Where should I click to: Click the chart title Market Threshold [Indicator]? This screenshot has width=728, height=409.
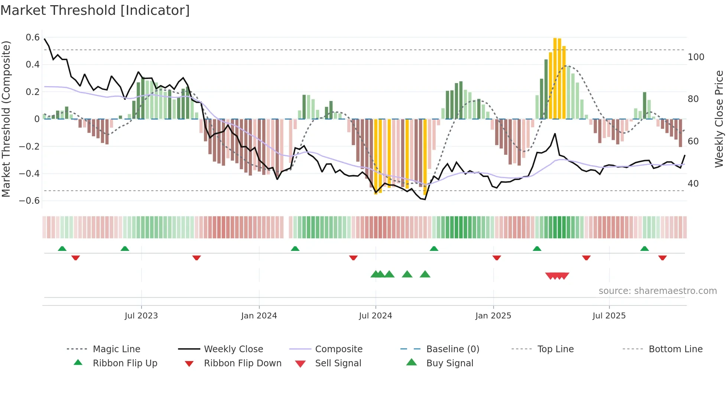pyautogui.click(x=95, y=10)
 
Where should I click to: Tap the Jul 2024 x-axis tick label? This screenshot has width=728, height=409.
pyautogui.click(x=375, y=315)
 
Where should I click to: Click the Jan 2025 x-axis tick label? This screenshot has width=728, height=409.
pyautogui.click(x=493, y=315)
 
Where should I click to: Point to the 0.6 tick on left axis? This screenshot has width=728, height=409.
pyautogui.click(x=33, y=37)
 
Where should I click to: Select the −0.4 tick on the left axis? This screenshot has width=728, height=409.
pyautogui.click(x=29, y=173)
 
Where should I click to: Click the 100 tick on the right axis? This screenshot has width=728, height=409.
pyautogui.click(x=696, y=57)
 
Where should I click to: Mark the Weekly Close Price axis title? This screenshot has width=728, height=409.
pyautogui.click(x=719, y=119)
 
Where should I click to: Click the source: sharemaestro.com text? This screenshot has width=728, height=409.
pyautogui.click(x=657, y=291)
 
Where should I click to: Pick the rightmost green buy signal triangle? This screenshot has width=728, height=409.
pyautogui.click(x=425, y=274)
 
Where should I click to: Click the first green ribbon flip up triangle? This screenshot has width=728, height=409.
pyautogui.click(x=62, y=249)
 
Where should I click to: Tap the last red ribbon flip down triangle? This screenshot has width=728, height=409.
pyautogui.click(x=662, y=258)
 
